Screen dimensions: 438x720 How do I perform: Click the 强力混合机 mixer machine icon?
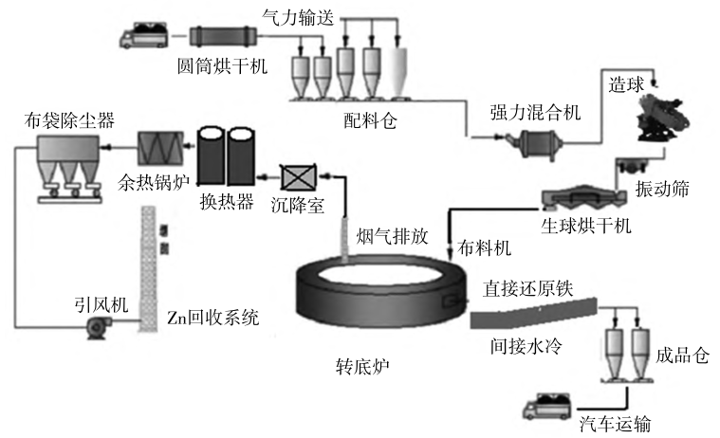527,141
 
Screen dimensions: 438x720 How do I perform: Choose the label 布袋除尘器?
70,119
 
